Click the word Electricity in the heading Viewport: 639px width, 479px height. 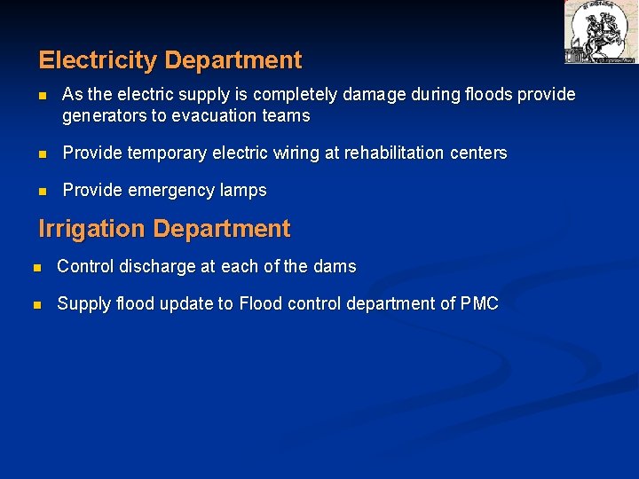99,60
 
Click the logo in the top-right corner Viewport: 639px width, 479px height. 600,32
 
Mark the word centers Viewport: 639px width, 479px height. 479,153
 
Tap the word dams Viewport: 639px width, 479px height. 334,267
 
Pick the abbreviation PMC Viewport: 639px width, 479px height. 479,304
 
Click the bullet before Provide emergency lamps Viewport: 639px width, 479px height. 43,191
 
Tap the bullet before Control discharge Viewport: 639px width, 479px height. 35,267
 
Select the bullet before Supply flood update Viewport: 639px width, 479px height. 35,304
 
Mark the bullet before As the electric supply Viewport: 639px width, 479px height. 43,95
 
